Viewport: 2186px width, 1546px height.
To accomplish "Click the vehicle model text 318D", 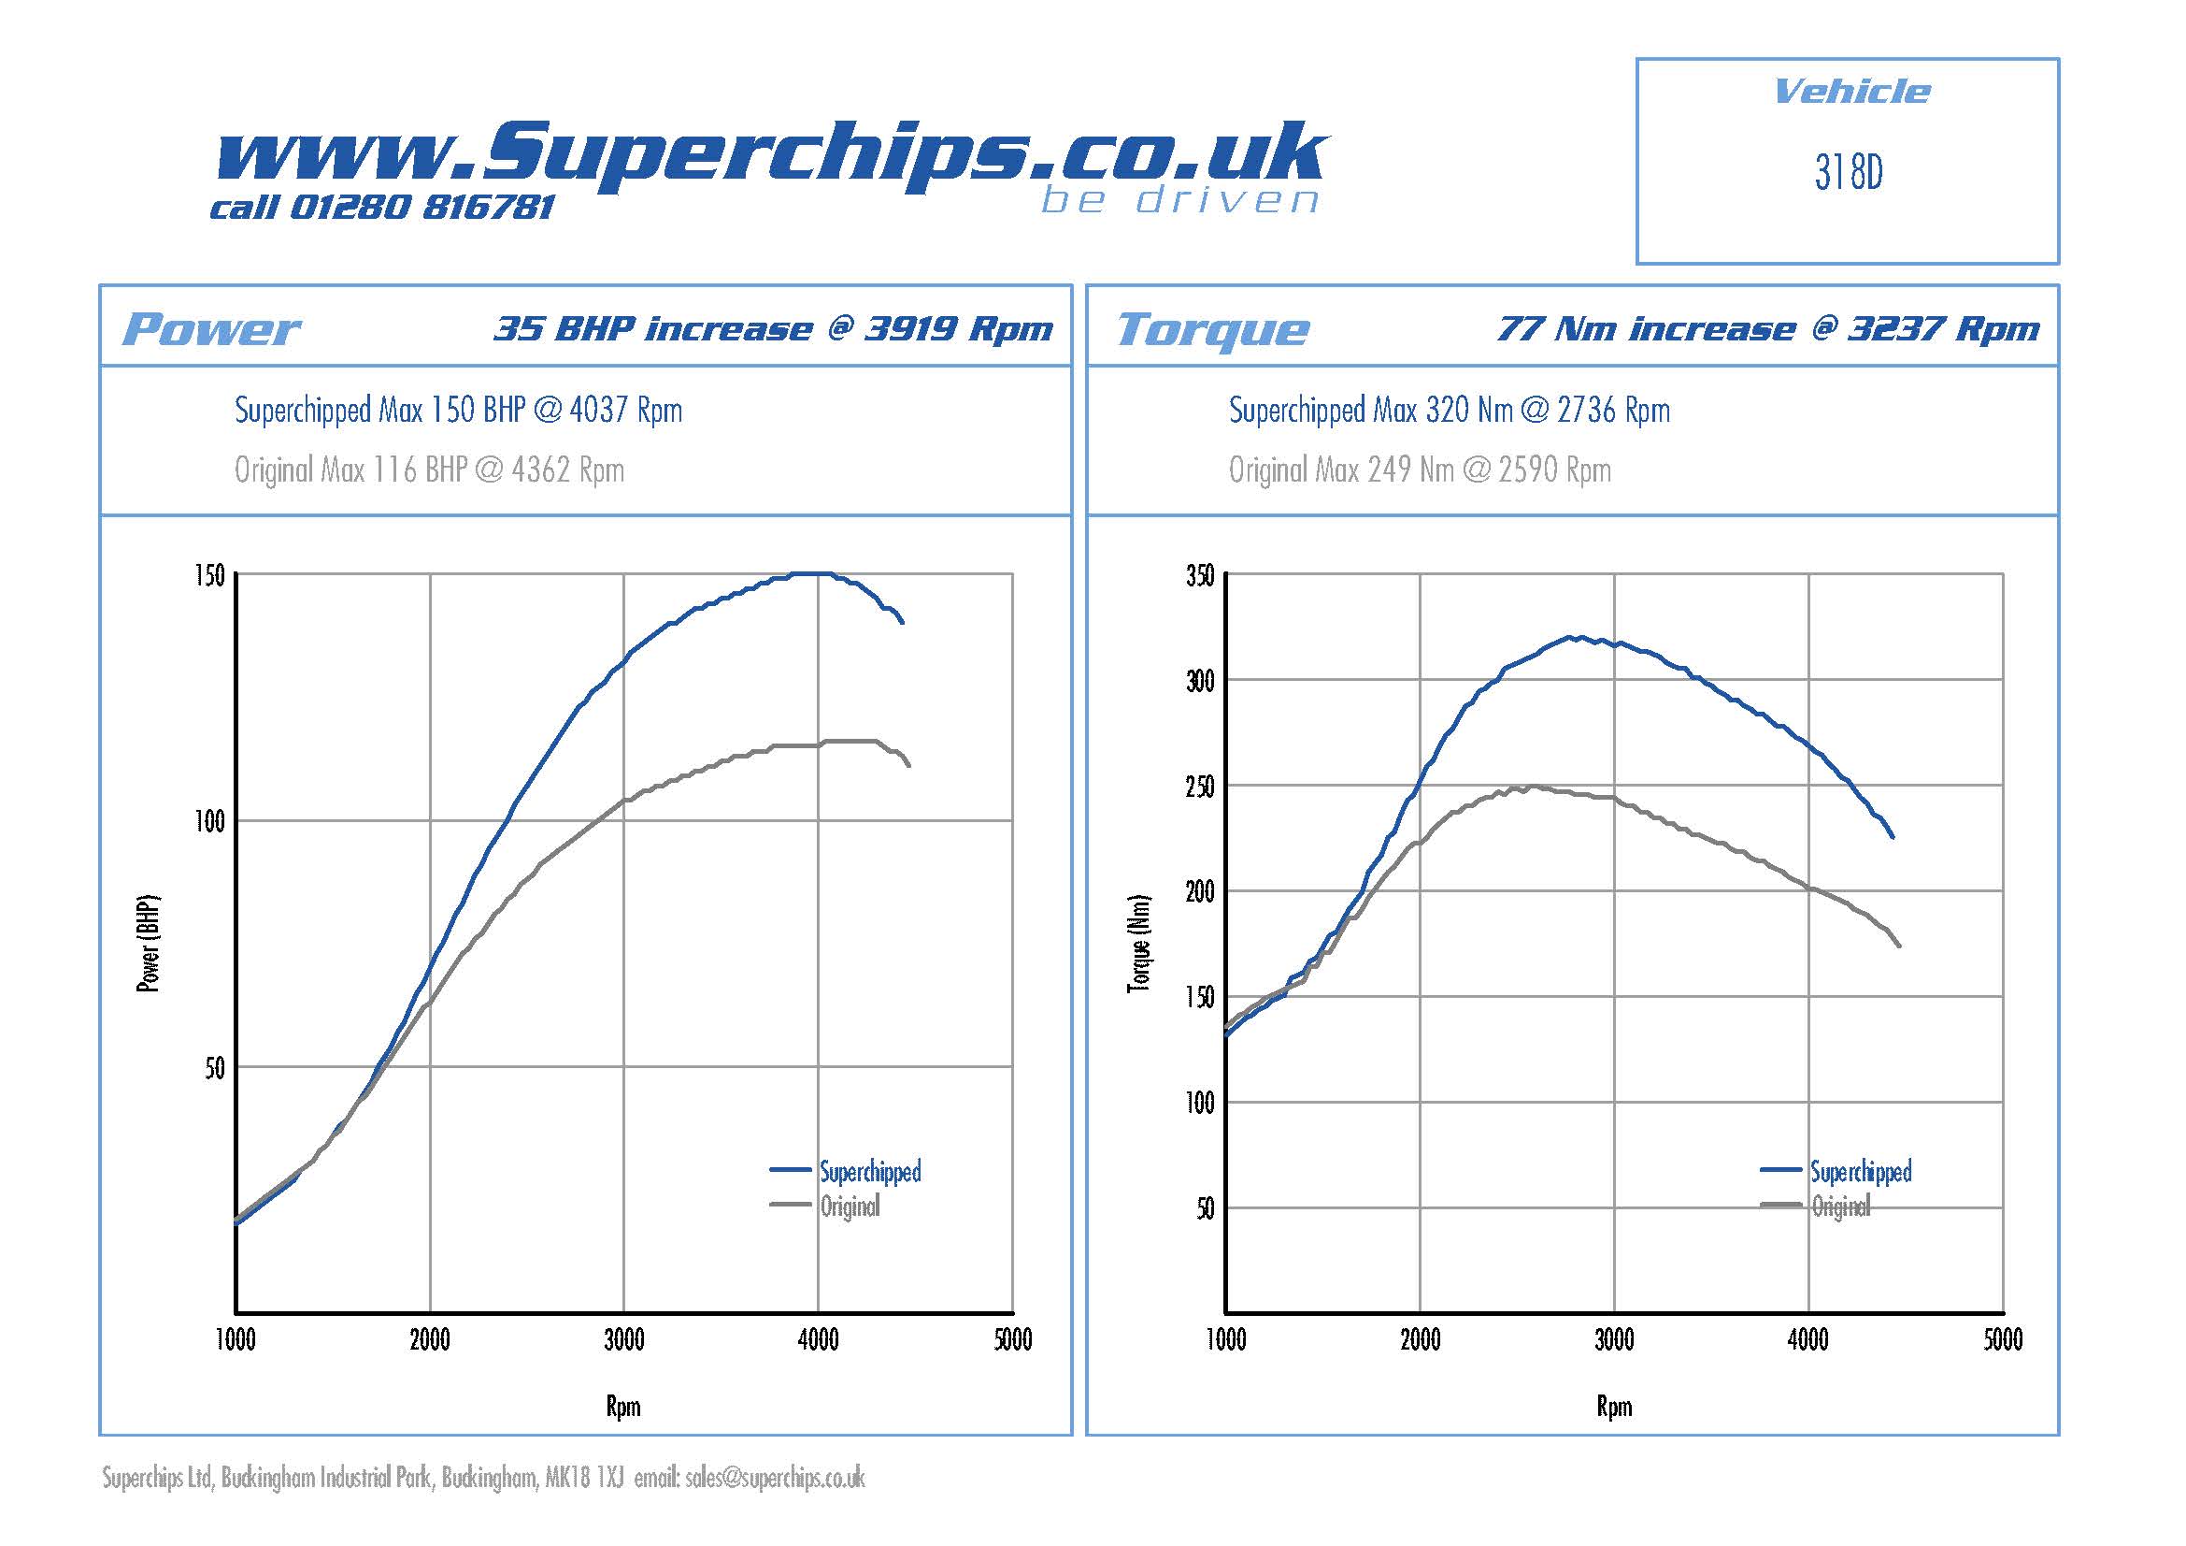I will pyautogui.click(x=1848, y=172).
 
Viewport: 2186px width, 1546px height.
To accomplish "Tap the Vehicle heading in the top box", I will pyautogui.click(x=1850, y=92).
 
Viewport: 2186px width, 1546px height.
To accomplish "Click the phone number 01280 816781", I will pyautogui.click(x=421, y=207).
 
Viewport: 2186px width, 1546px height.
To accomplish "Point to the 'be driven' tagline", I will pyautogui.click(x=1179, y=200).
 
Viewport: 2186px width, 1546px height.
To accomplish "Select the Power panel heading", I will pyautogui.click(x=210, y=329).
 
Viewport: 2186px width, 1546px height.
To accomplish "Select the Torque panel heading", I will pyautogui.click(x=1212, y=329).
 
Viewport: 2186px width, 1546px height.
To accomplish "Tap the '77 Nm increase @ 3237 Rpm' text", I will pyautogui.click(x=1767, y=328).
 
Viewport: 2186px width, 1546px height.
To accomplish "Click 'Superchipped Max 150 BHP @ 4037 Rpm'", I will pyautogui.click(x=458, y=411).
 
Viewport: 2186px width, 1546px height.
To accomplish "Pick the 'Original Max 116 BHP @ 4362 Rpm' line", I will pyautogui.click(x=429, y=470).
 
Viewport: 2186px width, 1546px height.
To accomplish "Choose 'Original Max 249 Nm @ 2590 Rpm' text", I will pyautogui.click(x=1420, y=470).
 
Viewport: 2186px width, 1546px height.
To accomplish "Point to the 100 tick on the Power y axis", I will pyautogui.click(x=209, y=821).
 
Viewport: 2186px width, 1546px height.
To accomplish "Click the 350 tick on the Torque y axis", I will pyautogui.click(x=1200, y=575).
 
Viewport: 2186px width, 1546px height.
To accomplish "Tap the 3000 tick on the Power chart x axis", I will pyautogui.click(x=623, y=1340).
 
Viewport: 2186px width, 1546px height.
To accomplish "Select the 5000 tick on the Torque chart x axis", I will pyautogui.click(x=2002, y=1340).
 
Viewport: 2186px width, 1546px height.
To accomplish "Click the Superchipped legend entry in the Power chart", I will pyautogui.click(x=869, y=1172).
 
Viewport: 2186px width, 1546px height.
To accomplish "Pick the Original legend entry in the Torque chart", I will pyautogui.click(x=1839, y=1206).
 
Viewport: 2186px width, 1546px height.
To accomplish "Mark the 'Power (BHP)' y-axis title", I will pyautogui.click(x=149, y=943).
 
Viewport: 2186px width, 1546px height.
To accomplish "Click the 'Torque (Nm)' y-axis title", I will pyautogui.click(x=1138, y=943).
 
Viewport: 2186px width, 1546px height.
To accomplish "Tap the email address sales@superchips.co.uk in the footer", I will pyautogui.click(x=775, y=1478).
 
